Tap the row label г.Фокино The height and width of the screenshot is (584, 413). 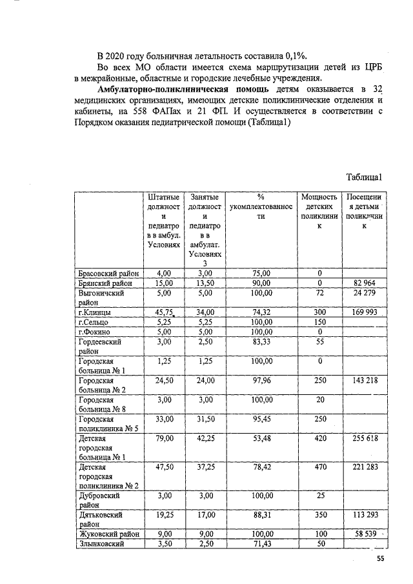point(95,332)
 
